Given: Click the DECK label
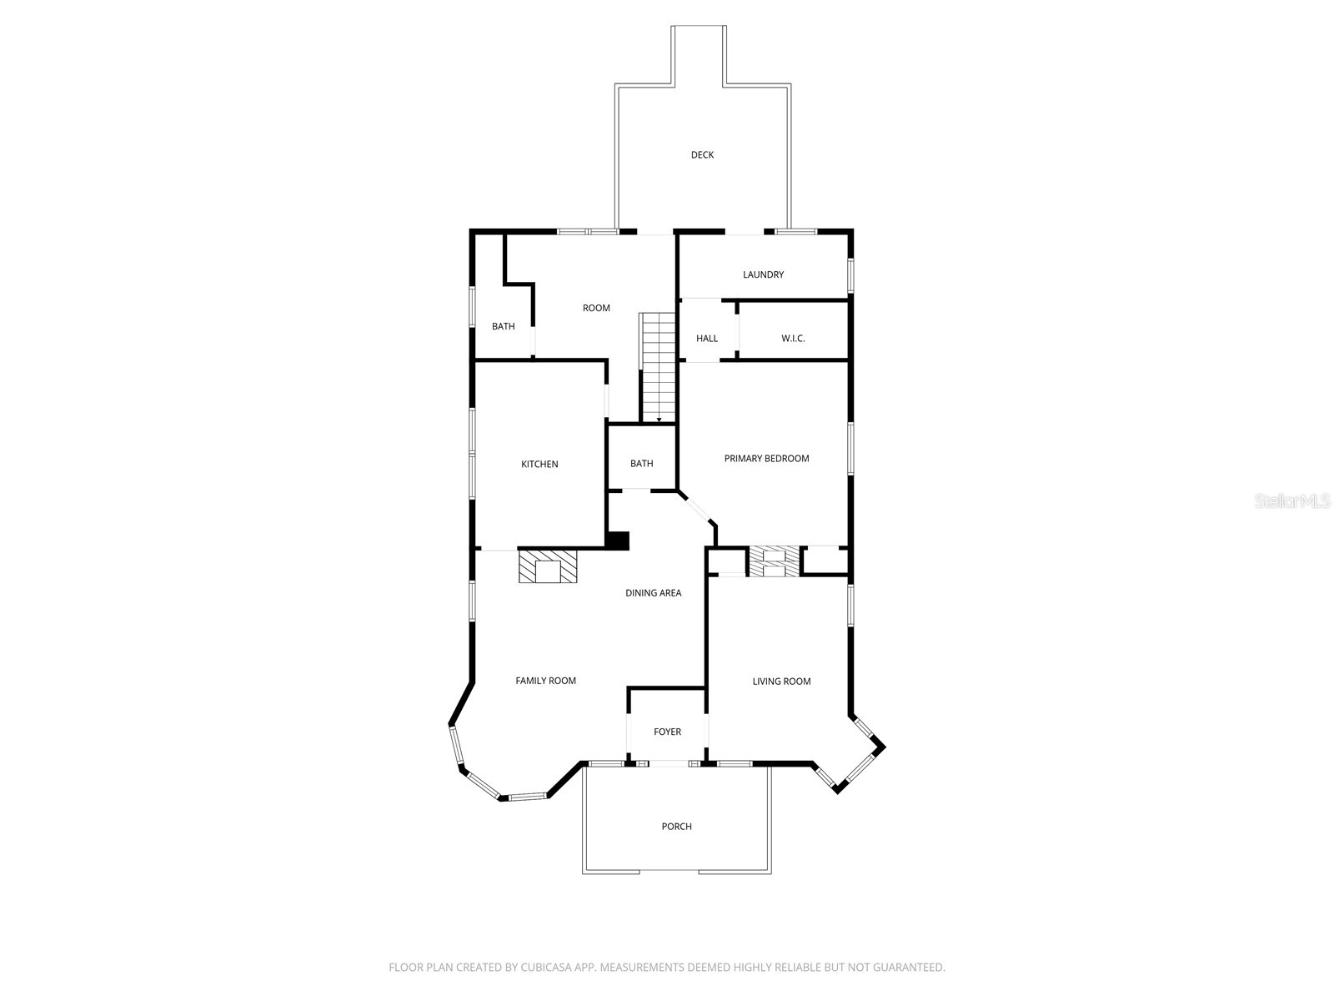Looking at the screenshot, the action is pyautogui.click(x=702, y=155).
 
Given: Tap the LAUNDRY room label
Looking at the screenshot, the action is pyautogui.click(x=763, y=274).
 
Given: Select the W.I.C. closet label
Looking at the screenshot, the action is pyautogui.click(x=793, y=339).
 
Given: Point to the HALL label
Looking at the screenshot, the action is pyautogui.click(x=707, y=339).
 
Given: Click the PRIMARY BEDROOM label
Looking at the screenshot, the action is pyautogui.click(x=766, y=458).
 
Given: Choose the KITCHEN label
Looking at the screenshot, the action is pyautogui.click(x=539, y=465).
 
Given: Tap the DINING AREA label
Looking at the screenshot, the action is pyautogui.click(x=654, y=592).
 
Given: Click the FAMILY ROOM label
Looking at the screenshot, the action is pyautogui.click(x=546, y=681).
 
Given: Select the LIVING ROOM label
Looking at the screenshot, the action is pyautogui.click(x=781, y=682).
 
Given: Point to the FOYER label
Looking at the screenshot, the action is pyautogui.click(x=667, y=732).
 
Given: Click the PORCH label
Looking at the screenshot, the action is pyautogui.click(x=676, y=827).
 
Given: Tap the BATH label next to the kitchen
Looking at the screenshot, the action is pyautogui.click(x=642, y=464).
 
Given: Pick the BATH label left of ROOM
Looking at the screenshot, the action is pyautogui.click(x=504, y=326).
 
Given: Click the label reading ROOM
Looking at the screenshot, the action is pyautogui.click(x=596, y=308).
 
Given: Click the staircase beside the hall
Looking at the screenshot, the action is pyautogui.click(x=658, y=368).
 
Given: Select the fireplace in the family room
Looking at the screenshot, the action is pyautogui.click(x=548, y=566).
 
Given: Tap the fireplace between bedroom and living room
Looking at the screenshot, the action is pyautogui.click(x=775, y=561).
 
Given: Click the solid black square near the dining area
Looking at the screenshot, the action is pyautogui.click(x=618, y=541).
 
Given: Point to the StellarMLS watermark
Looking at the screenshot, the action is pyautogui.click(x=1292, y=500).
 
